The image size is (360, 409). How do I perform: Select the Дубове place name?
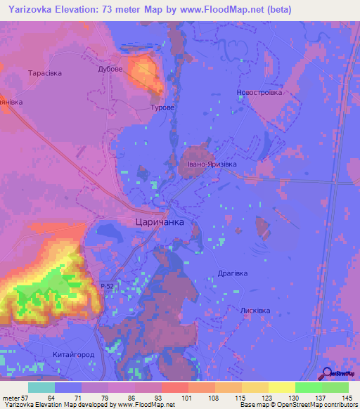pos(110,70)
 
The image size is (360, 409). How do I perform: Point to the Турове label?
pos(162,108)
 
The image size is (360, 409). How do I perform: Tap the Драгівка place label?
pos(233,273)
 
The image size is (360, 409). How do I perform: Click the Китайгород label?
pos(74,355)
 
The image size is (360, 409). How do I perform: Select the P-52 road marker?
pos(107,286)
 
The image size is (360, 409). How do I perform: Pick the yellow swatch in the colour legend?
pos(281,387)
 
